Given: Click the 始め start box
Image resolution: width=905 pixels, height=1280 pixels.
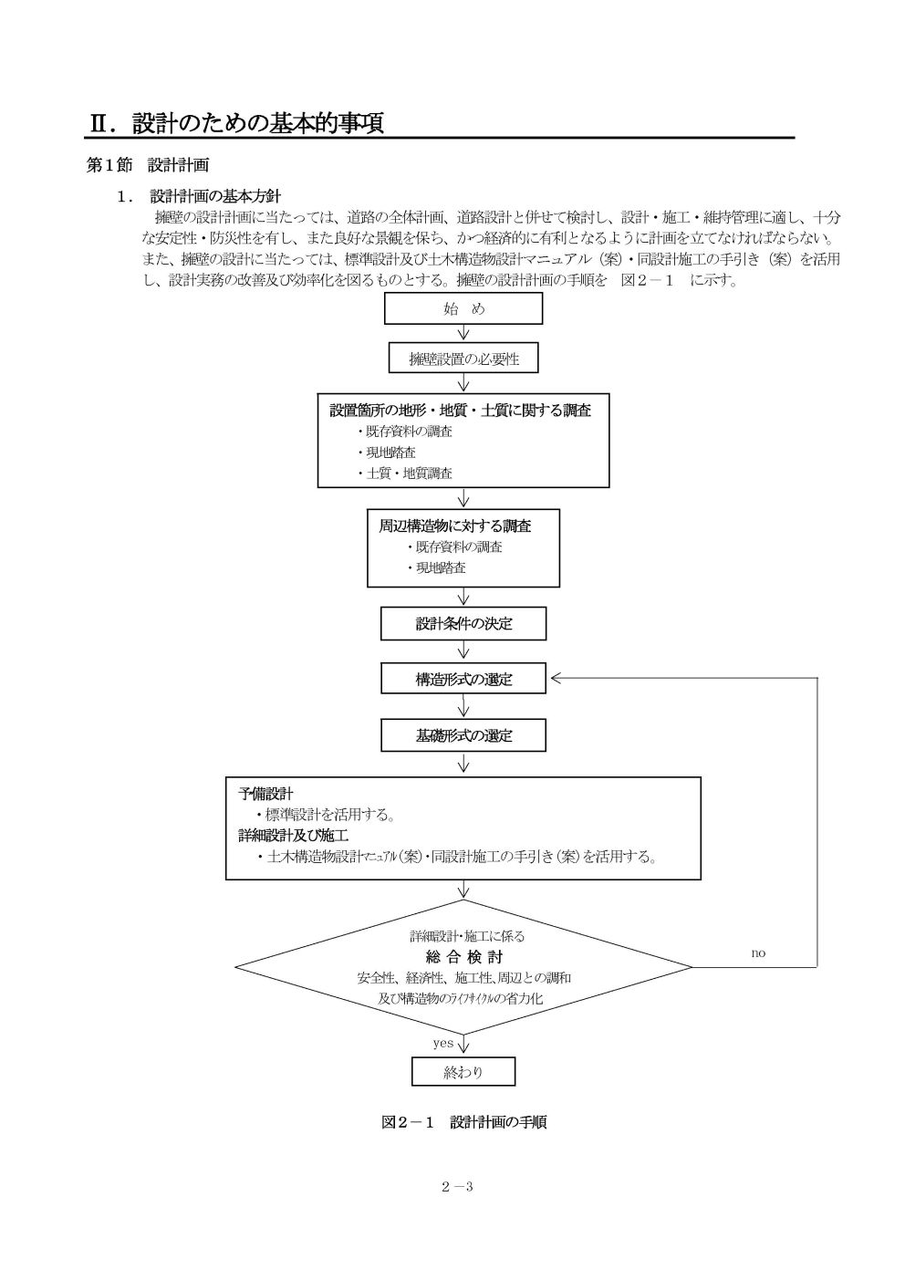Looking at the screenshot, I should point(463,308).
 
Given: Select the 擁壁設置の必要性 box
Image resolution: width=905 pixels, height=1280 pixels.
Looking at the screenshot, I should point(463,359).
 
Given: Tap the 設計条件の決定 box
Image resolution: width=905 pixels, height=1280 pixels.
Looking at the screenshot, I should point(463,624).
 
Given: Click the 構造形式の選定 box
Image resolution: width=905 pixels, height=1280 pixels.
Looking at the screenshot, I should point(463,679).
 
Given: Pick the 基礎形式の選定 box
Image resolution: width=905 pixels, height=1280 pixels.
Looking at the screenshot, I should point(463,734).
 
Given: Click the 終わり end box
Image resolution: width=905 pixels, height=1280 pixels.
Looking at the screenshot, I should point(463,1072).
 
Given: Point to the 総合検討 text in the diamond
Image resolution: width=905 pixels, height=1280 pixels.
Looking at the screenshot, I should point(463,957).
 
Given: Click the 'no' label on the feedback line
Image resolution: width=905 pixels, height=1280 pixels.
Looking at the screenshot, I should point(758,953).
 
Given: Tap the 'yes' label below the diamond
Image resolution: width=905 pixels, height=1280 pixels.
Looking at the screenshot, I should point(442,1043).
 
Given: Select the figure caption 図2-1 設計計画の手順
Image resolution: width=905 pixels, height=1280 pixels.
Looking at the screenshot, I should point(463,1122).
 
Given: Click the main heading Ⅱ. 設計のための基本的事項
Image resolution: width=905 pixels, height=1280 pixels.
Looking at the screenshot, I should point(235,123).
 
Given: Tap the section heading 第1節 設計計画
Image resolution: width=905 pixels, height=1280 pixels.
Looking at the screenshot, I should point(148,166).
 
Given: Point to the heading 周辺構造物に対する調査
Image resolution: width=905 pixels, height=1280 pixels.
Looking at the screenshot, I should point(455,526).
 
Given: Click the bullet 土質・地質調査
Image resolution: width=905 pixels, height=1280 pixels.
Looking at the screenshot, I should point(409,473).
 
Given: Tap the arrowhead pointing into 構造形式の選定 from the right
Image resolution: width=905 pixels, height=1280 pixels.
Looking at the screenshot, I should point(557,679).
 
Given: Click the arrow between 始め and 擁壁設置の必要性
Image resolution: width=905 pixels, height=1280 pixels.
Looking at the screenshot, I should point(463,333).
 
